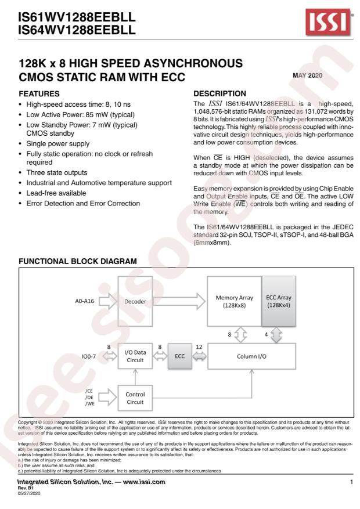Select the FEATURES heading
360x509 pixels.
pos(34,92)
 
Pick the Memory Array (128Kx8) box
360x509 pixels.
pos(234,302)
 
